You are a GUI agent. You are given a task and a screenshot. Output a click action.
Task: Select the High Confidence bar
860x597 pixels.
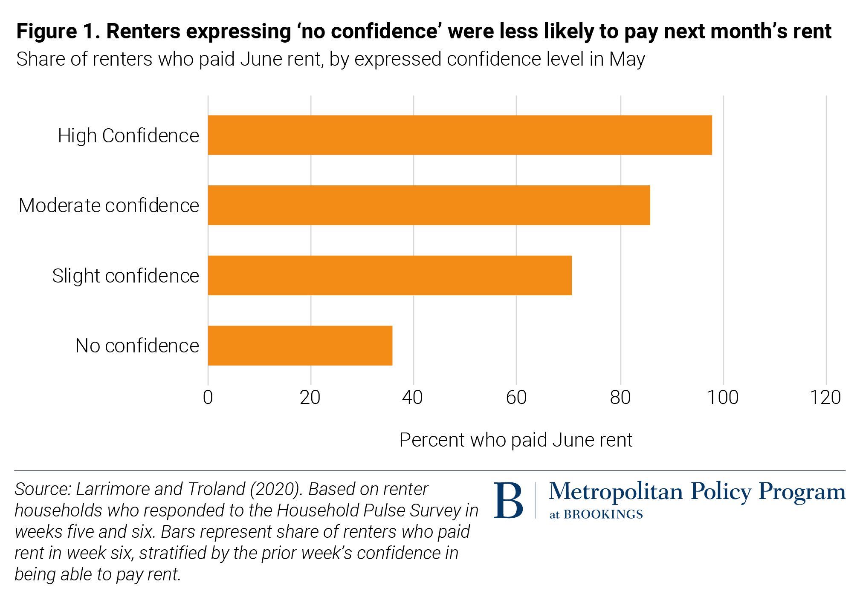click(x=460, y=135)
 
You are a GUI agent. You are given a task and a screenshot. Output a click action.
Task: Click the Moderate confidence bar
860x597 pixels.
click(x=429, y=205)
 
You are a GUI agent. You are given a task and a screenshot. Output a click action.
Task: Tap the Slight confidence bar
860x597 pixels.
click(x=389, y=275)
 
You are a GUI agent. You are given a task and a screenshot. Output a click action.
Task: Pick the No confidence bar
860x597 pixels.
click(x=300, y=345)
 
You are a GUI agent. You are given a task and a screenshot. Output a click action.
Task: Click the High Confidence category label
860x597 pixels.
click(x=128, y=136)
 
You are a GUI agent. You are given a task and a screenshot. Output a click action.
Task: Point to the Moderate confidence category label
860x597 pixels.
click(x=109, y=206)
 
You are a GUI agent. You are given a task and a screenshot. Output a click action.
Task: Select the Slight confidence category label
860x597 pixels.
click(x=125, y=276)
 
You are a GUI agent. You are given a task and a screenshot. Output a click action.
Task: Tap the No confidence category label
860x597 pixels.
click(x=137, y=346)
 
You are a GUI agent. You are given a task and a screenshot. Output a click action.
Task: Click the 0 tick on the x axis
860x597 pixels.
click(x=208, y=398)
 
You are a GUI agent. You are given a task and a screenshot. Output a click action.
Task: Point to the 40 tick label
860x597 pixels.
click(x=412, y=398)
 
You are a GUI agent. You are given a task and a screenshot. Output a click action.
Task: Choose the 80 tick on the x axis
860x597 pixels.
click(x=620, y=398)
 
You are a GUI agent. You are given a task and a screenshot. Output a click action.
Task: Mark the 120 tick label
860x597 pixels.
click(x=825, y=398)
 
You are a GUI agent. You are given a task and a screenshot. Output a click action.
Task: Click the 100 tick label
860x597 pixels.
click(x=723, y=398)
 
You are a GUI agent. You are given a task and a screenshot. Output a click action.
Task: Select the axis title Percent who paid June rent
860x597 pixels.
click(x=515, y=440)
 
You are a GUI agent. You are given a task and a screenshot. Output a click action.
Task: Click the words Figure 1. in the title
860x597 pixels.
click(x=58, y=32)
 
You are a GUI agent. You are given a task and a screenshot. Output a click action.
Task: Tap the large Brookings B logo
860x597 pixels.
click(x=508, y=500)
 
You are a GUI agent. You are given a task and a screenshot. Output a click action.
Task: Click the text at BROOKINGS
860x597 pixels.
click(x=596, y=515)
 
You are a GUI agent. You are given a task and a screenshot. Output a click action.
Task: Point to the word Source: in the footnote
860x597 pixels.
click(x=43, y=490)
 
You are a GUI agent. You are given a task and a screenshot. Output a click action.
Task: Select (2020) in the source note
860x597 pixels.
click(x=276, y=490)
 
